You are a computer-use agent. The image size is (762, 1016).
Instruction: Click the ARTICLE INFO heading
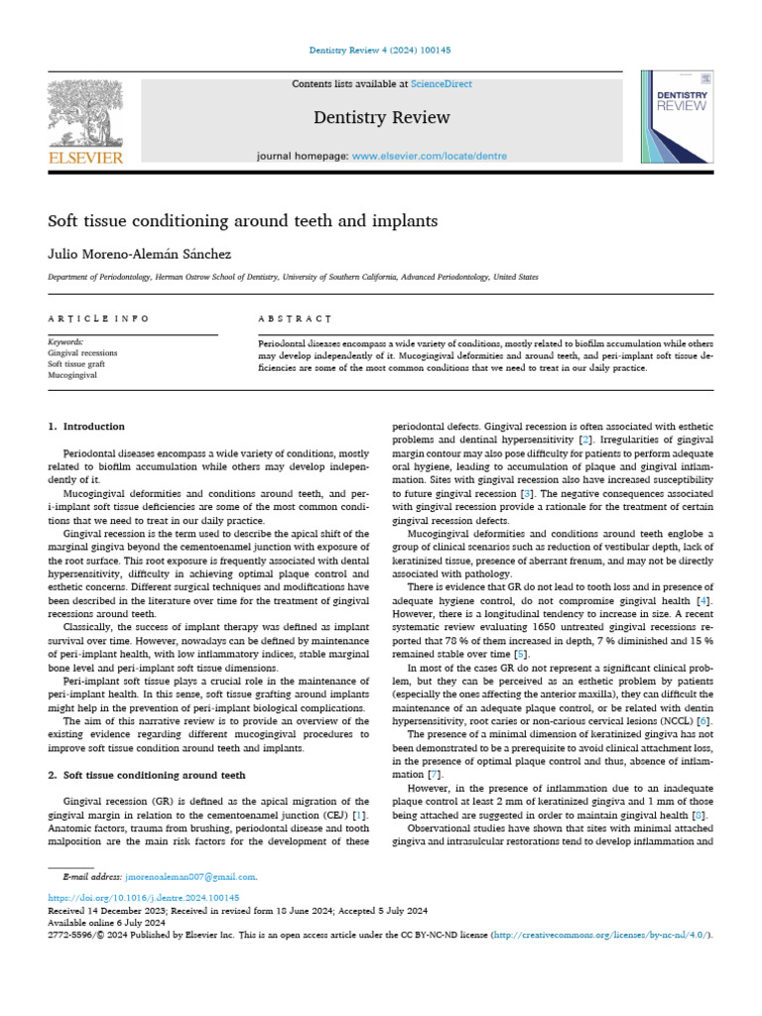click(x=98, y=318)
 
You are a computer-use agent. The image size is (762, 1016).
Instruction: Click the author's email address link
click(x=190, y=877)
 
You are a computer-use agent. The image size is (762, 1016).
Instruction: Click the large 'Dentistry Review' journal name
click(x=381, y=118)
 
